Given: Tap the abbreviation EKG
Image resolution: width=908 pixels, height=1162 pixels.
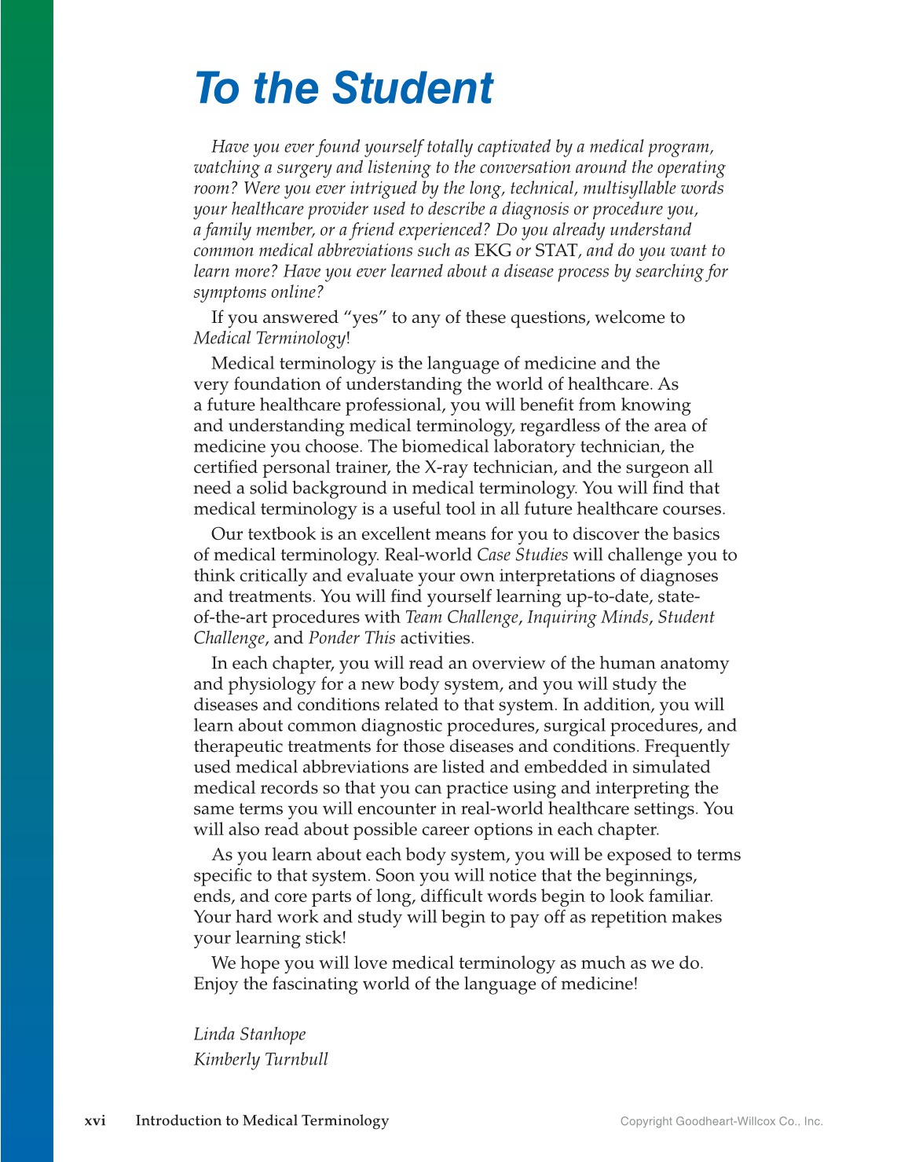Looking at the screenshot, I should point(492,251).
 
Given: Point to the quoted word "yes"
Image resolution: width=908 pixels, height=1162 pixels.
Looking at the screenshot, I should point(364,317).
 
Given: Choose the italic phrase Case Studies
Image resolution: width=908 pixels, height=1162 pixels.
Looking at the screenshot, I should point(522,555).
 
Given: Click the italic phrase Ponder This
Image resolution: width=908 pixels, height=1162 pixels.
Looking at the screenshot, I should point(352,638).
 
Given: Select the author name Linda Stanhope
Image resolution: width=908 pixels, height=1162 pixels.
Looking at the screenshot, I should point(250,1034).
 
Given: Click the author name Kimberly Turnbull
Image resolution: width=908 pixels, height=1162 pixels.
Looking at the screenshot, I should point(261,1059).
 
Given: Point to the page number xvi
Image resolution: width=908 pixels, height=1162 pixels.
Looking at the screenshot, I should point(95,1120).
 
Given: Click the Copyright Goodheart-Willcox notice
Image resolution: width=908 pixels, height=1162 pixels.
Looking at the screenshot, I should point(721,1121).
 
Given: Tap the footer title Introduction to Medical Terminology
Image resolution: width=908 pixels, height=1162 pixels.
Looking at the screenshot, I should point(262,1120).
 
